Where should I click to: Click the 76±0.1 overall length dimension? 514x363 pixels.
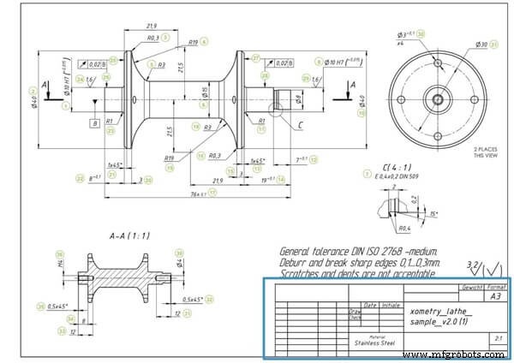[203, 193]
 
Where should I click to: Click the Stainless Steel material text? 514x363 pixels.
[374, 341]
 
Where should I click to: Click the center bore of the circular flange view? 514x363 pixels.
[437, 98]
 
